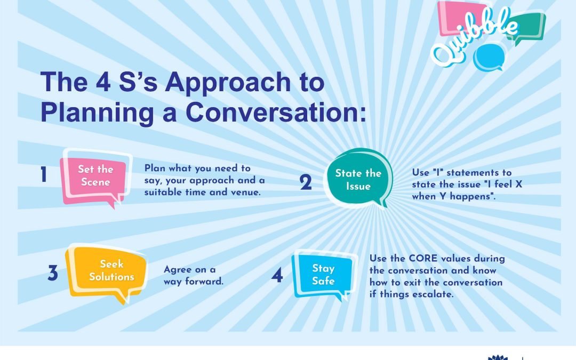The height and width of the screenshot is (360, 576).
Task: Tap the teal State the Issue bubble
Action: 358,179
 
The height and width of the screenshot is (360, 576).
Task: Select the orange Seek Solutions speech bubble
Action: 107,272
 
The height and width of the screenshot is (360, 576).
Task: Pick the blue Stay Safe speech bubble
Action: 324,275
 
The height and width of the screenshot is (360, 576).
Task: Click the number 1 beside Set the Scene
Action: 44,174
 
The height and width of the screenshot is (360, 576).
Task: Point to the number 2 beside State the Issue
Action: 306,182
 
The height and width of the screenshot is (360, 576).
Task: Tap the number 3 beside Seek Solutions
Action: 53,273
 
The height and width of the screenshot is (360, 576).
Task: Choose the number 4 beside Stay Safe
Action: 277,275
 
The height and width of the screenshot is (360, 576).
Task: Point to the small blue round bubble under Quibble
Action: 489,58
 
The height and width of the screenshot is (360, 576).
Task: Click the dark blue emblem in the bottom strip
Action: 498,357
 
